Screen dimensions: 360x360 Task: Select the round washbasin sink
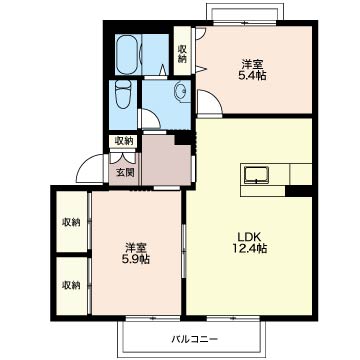181,90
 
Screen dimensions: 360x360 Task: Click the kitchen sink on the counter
256,175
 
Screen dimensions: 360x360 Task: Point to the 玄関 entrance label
125,172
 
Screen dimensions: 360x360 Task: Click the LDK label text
248,237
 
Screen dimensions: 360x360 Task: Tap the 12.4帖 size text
249,249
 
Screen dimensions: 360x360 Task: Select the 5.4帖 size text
252,75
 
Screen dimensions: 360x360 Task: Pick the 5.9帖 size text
135,259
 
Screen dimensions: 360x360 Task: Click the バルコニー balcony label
195,339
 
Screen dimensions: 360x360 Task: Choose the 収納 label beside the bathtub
182,54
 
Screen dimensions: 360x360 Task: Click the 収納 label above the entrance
124,141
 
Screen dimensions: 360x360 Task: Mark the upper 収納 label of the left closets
71,222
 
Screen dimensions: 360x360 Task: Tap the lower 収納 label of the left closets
71,285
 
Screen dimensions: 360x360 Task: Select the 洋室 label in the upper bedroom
252,64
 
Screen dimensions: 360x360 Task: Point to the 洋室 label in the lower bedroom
135,248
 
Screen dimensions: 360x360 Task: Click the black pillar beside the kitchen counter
299,191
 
